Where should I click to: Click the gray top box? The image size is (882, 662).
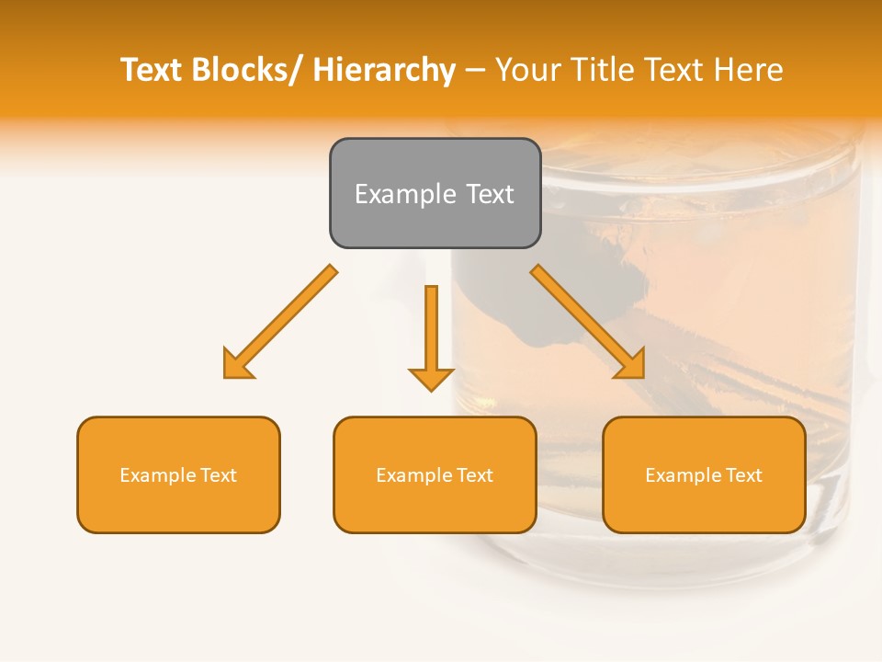pos(435,193)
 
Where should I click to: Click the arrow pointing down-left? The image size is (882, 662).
pos(280,322)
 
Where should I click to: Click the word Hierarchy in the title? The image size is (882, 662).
pos(384,70)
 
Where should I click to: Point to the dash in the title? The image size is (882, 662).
pos(475,70)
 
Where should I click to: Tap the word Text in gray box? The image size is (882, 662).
pos(490,194)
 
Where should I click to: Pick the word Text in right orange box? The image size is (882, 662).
pos(743,475)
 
